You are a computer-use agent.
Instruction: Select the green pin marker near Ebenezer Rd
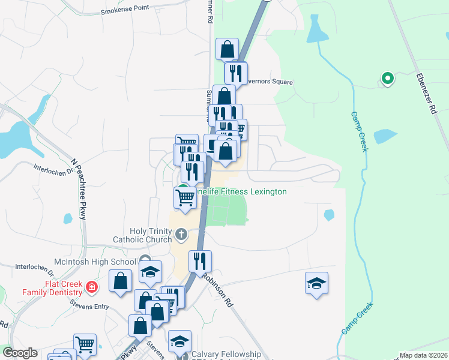pos(388,78)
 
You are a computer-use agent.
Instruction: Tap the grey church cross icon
pos(181,233)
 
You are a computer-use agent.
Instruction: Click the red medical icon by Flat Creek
pos(91,287)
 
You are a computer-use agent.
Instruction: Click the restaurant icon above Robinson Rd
pos(200,261)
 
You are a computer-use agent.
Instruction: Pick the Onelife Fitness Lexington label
pos(241,191)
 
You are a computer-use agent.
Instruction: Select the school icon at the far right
pos(316,283)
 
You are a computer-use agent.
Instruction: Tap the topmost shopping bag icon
pos(227,49)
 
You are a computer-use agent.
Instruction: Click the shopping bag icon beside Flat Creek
pos(120,281)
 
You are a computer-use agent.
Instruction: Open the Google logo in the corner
pos(20,353)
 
